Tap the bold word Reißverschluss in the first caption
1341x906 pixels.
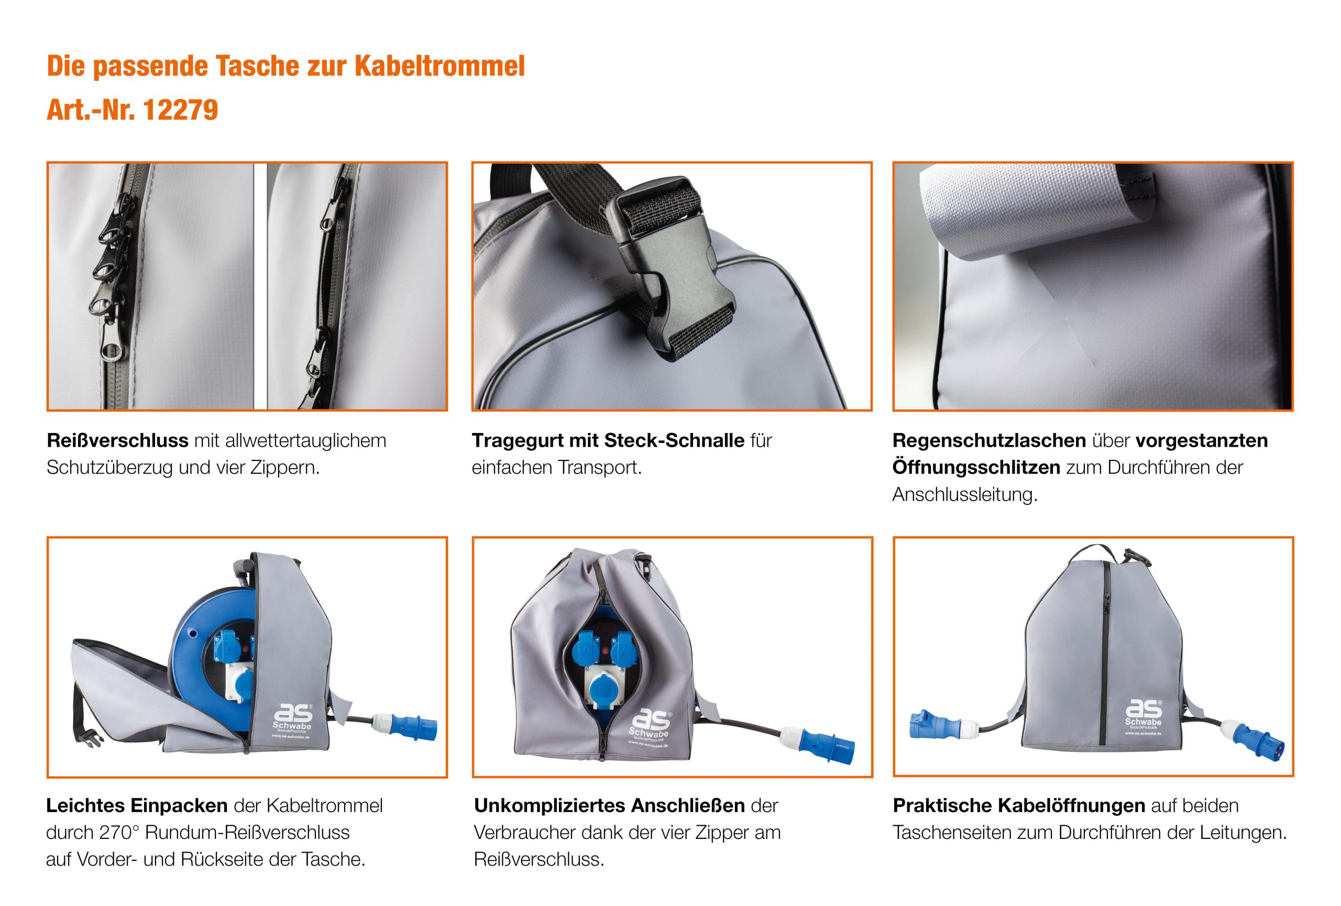coord(118,440)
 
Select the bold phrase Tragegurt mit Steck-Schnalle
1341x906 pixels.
coord(608,440)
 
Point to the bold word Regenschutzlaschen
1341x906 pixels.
coord(989,440)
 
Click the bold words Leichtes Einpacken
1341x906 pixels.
coord(137,805)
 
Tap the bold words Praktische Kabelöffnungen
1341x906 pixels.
coord(1019,805)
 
